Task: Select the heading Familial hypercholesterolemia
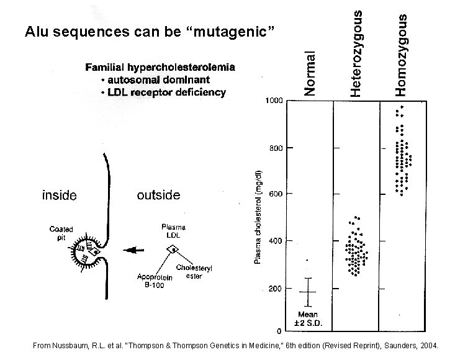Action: click(160, 68)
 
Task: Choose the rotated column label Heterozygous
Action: click(356, 53)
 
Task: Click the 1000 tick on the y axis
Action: click(274, 101)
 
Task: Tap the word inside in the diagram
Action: click(59, 196)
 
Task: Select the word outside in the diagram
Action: click(158, 195)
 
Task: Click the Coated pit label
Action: click(61, 233)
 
